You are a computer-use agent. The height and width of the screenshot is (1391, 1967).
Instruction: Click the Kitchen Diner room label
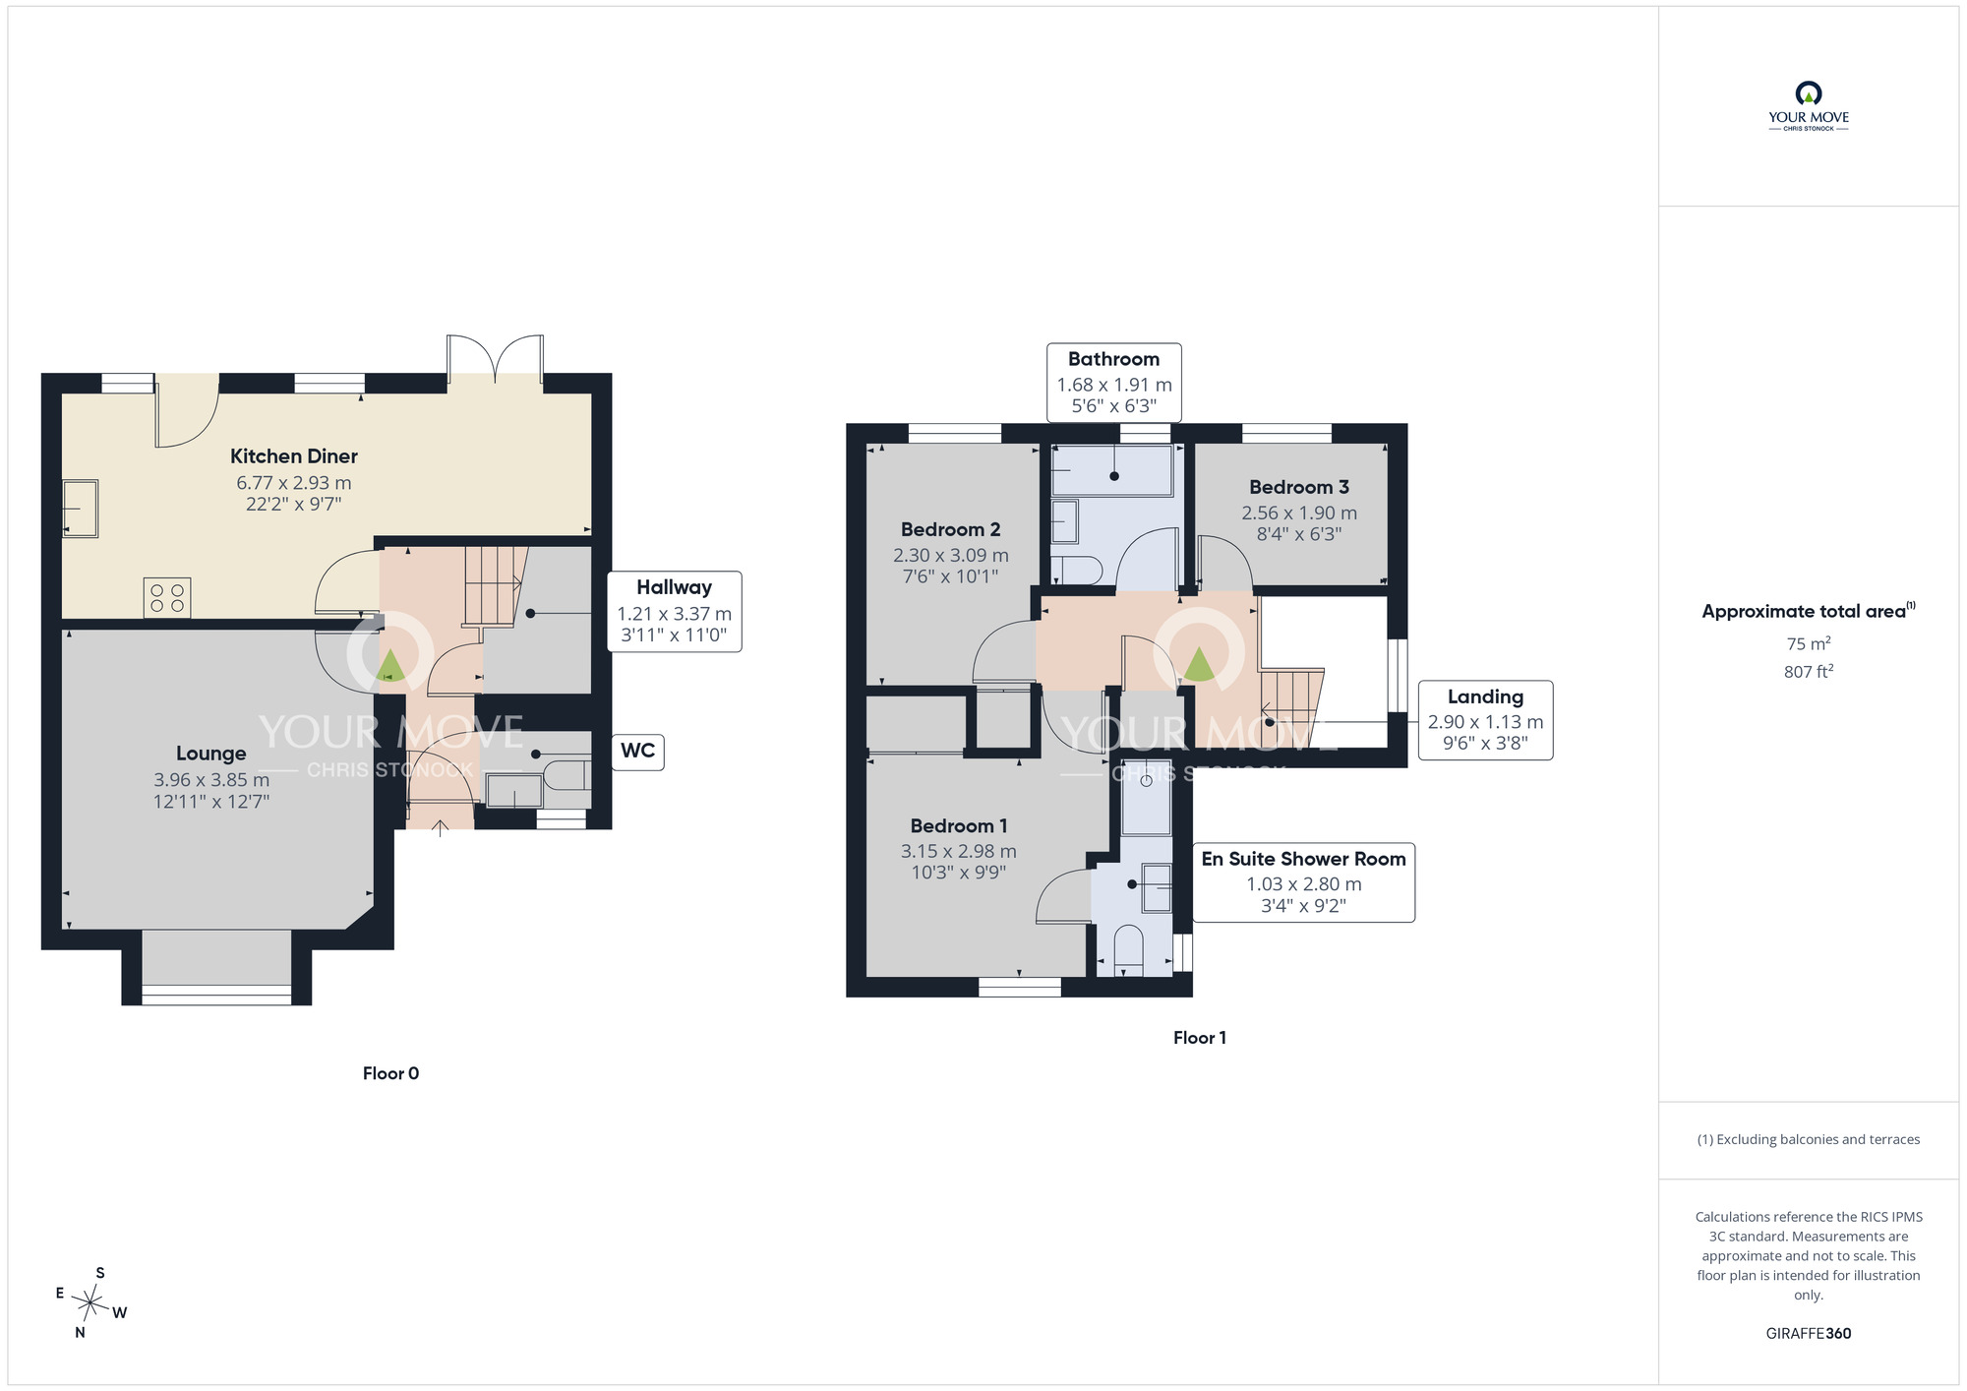(293, 456)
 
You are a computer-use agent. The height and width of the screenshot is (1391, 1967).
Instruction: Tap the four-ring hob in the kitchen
(167, 598)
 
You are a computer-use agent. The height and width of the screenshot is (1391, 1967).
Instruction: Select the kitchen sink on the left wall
(81, 509)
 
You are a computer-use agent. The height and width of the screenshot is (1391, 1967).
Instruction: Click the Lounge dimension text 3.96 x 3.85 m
(210, 780)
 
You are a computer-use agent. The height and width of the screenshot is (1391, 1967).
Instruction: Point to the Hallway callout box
(674, 611)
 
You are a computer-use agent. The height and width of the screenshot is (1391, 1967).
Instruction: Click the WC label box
(637, 752)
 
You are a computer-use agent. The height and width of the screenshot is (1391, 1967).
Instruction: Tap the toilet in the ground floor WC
(567, 773)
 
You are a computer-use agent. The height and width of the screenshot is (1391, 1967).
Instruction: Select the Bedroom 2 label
(950, 530)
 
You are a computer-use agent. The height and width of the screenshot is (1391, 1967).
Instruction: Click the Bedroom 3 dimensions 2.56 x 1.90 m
(1299, 514)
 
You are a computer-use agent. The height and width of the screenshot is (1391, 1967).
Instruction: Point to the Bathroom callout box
(1113, 383)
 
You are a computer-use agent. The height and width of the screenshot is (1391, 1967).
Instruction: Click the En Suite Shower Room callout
(1303, 882)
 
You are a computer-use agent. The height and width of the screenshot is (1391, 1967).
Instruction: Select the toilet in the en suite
(1128, 948)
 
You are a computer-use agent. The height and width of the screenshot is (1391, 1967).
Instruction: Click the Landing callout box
(1485, 720)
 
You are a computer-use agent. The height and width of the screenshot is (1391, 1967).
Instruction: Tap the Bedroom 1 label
(958, 826)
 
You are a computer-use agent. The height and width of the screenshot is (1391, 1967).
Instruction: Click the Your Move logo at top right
(1809, 106)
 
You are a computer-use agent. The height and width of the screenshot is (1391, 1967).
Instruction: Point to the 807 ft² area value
(1809, 672)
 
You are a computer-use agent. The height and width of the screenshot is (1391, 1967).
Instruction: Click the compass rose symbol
(89, 1304)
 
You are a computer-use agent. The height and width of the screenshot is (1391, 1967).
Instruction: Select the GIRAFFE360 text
(1809, 1334)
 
